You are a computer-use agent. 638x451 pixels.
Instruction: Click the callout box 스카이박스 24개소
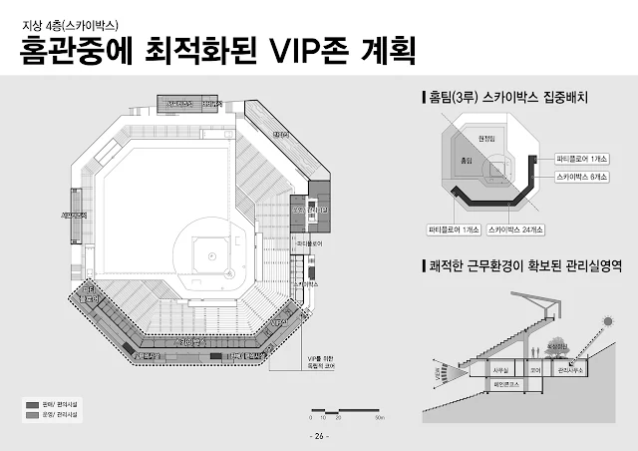(x=516, y=229)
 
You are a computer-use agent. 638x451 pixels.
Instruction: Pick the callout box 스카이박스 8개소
(x=583, y=176)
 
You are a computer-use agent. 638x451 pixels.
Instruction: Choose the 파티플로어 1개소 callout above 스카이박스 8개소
(x=583, y=159)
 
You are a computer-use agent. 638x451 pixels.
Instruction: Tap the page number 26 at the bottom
(x=319, y=437)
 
